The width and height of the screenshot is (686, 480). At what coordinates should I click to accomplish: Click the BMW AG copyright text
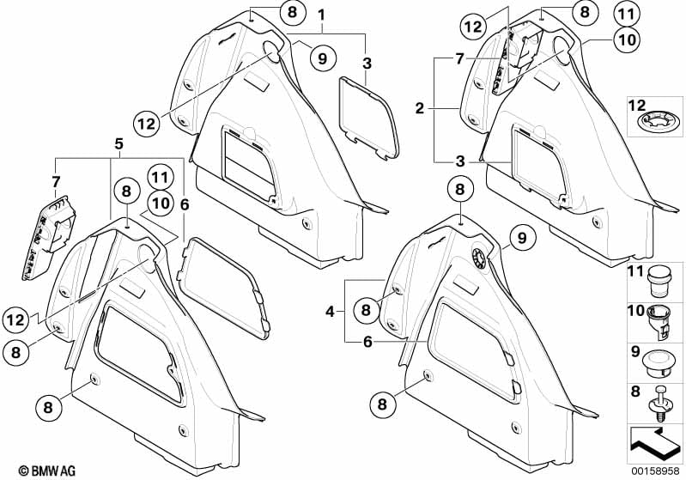[47, 471]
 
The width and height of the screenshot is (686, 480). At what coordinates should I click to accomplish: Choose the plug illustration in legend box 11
[657, 283]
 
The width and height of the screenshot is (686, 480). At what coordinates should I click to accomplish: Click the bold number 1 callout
[322, 15]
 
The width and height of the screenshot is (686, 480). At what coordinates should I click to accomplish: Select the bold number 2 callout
[420, 108]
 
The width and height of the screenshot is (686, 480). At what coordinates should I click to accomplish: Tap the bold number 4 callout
[330, 312]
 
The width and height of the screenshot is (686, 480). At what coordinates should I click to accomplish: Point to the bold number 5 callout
[119, 144]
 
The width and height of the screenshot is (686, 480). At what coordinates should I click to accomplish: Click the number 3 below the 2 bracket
[460, 161]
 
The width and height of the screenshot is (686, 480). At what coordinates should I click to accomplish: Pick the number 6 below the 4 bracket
[367, 342]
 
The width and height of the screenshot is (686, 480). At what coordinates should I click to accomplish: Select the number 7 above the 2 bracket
[459, 58]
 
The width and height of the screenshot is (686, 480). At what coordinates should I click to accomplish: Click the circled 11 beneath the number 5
[161, 178]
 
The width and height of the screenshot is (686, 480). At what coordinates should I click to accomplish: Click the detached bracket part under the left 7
[48, 237]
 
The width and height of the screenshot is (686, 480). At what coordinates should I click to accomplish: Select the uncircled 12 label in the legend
[636, 106]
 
